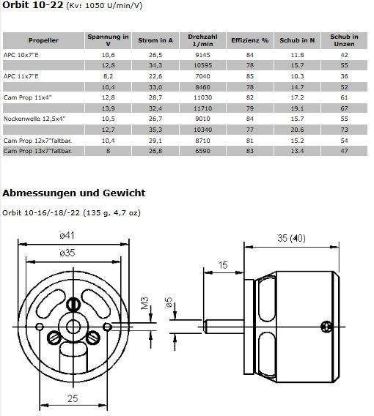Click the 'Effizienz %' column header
click(x=249, y=40)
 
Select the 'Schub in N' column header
click(x=297, y=40)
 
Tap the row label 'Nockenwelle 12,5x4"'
click(x=34, y=119)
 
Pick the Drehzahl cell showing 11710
click(x=202, y=108)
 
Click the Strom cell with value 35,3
click(x=155, y=130)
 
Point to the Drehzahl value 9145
click(x=202, y=55)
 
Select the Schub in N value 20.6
click(x=297, y=130)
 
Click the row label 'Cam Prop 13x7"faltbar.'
click(x=37, y=151)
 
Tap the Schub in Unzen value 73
click(x=344, y=130)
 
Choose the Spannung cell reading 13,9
click(x=108, y=108)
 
